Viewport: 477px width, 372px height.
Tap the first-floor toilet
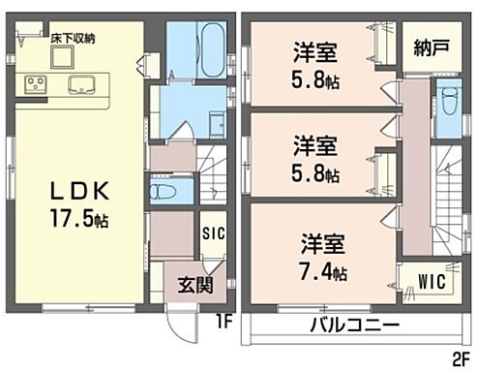(162, 189)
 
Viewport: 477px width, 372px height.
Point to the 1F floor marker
(222, 317)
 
